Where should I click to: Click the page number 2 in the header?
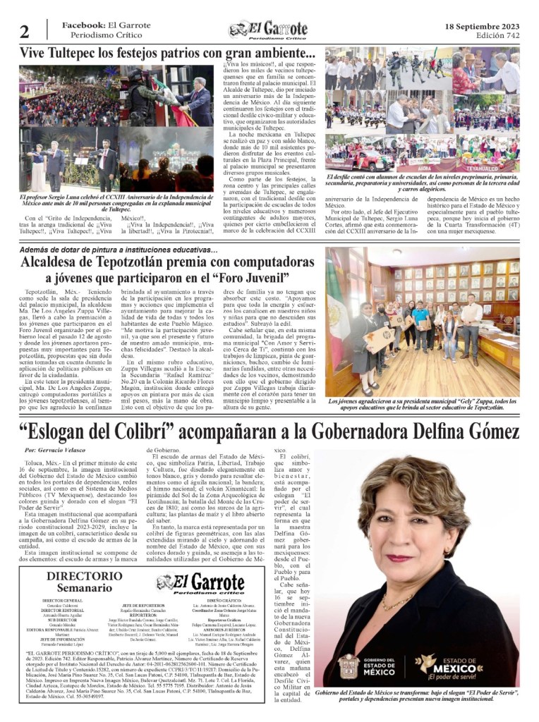pos(25,32)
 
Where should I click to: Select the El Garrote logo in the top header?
pos(269,30)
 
